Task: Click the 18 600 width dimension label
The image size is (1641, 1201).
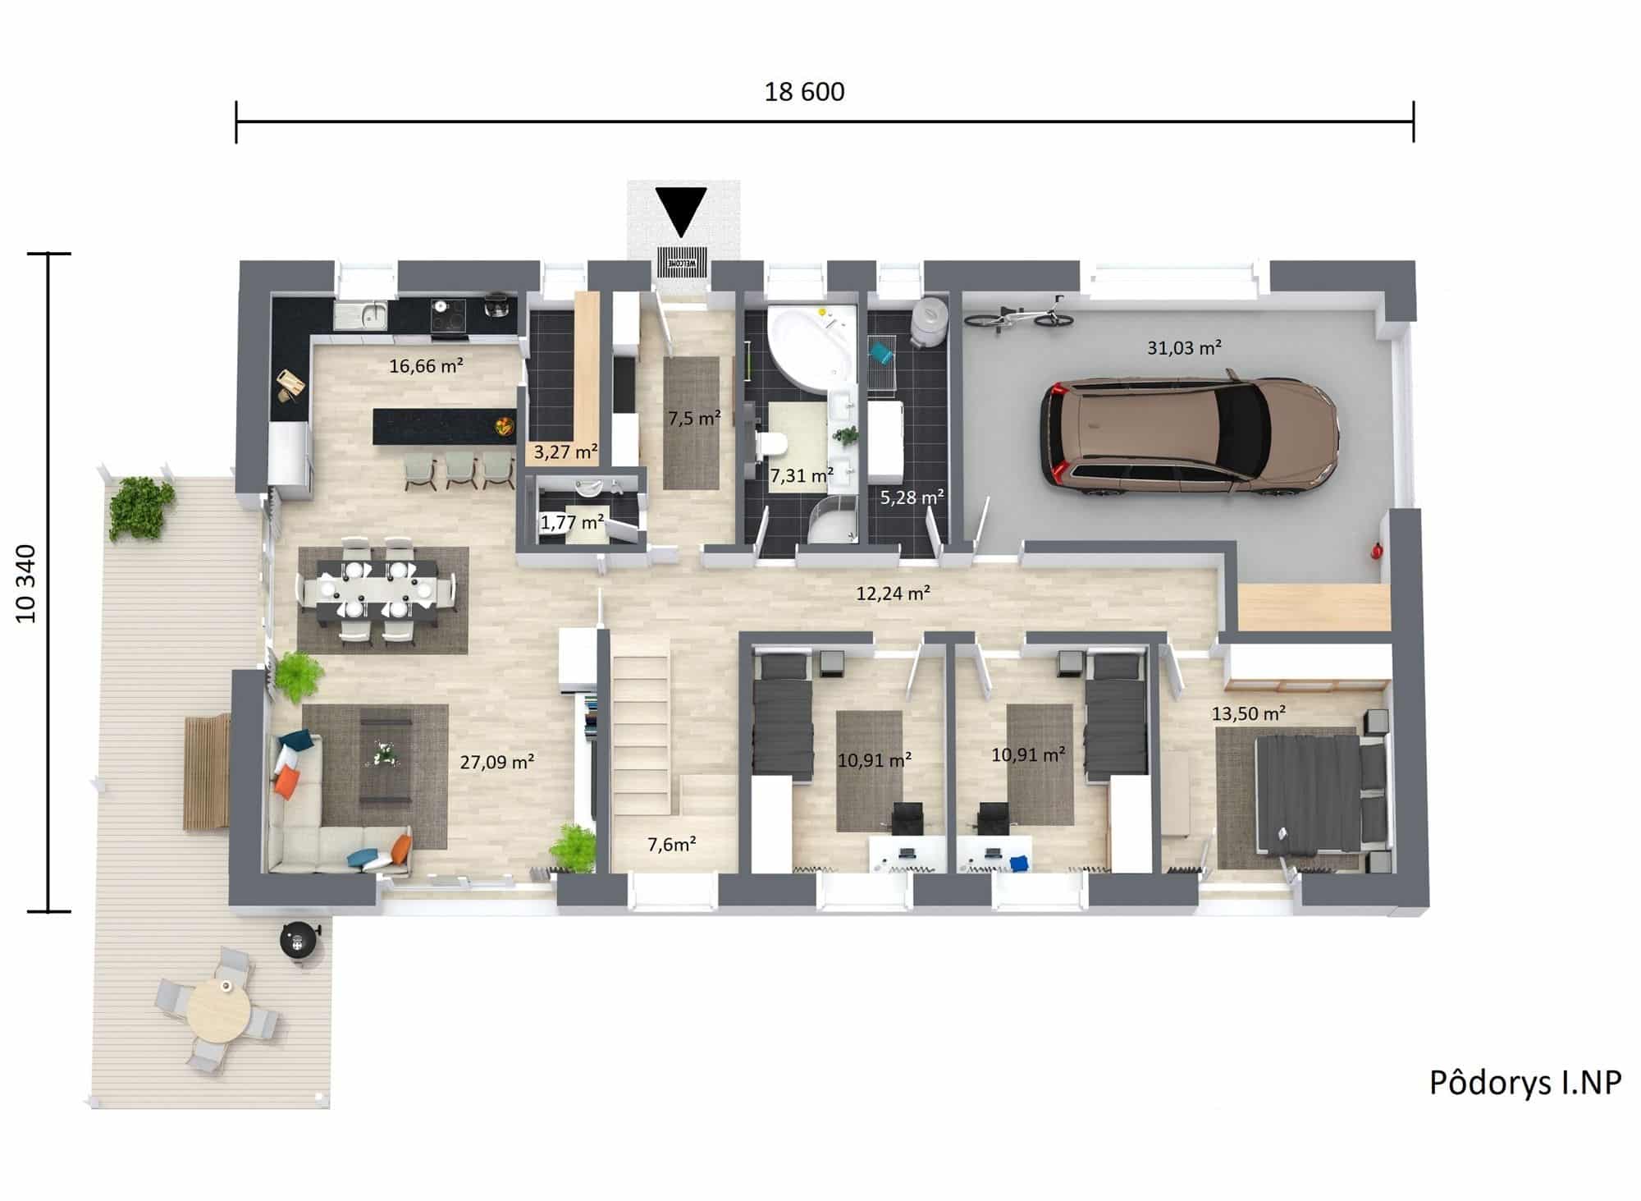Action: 804,91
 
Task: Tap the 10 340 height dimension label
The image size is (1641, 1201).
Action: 27,583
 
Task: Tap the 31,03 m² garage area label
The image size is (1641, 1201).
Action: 1184,347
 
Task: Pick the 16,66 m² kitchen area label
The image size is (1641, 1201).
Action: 426,365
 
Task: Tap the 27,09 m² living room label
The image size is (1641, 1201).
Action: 497,762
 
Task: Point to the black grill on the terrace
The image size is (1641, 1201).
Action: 297,939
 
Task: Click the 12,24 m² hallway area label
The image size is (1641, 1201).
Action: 893,593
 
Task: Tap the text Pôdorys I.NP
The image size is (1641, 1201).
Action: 1525,1083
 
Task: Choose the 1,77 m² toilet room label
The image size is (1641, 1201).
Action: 572,521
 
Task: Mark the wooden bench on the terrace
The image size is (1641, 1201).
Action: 207,772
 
